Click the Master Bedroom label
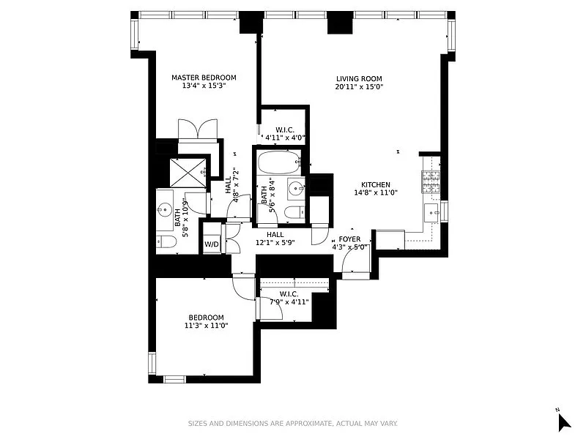pos(204,78)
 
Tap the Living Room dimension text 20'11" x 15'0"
pos(360,87)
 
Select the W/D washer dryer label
pos(212,244)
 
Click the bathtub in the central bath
pos(279,162)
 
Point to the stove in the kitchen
pos(431,181)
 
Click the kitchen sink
pos(432,213)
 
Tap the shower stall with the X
pos(188,173)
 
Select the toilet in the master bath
pos(166,242)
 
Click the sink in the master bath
pos(164,210)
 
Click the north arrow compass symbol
pos(563,422)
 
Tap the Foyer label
pos(350,239)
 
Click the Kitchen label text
pos(376,185)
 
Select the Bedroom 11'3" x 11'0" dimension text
pos(207,326)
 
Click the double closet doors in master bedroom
pos(198,130)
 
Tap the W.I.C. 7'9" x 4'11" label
pos(289,298)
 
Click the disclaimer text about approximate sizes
pos(292,424)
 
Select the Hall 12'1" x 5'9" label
pos(275,239)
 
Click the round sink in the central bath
pos(297,189)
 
